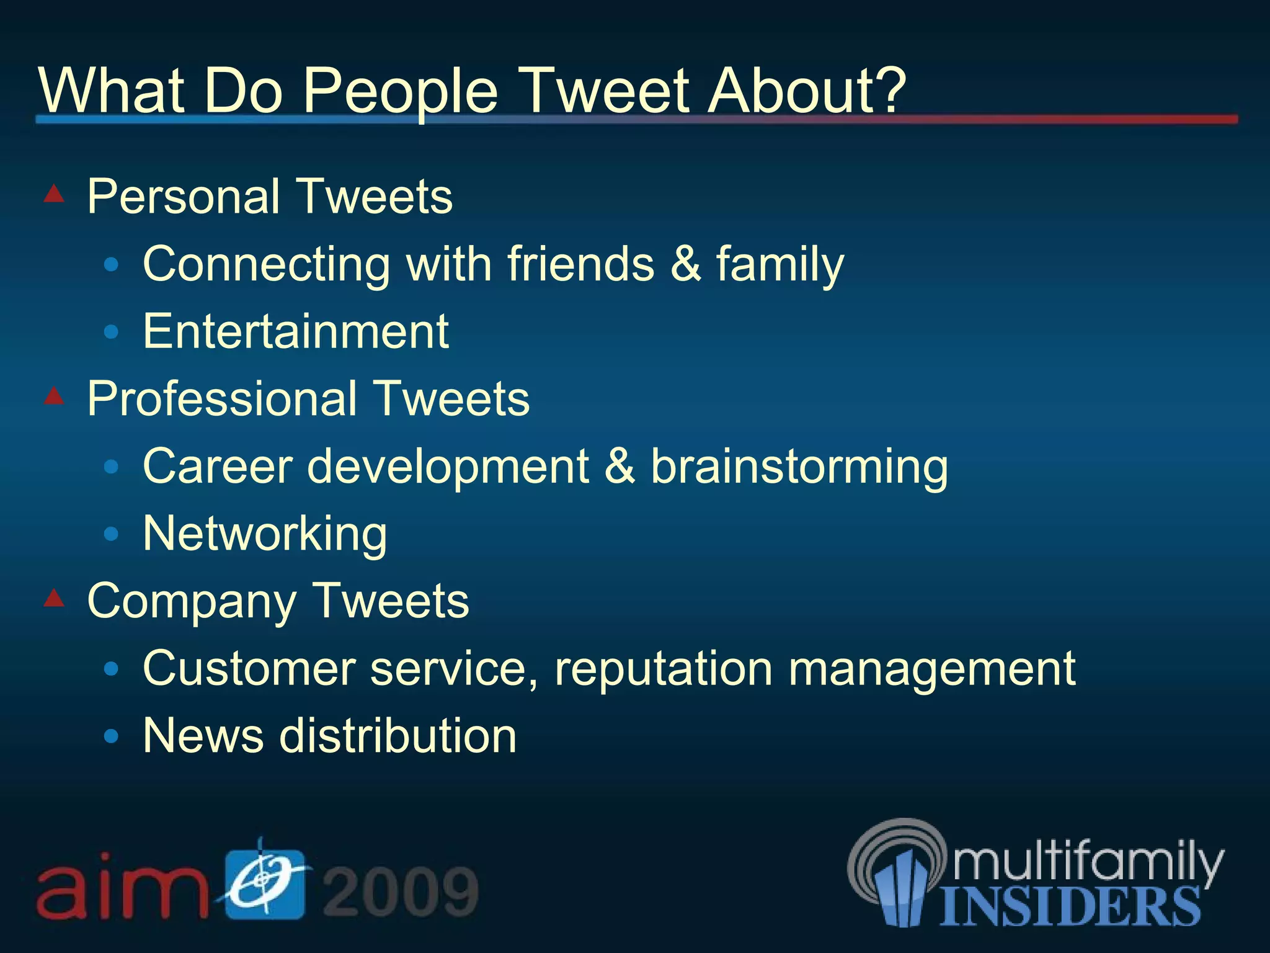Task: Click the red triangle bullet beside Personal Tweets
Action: pos(55,194)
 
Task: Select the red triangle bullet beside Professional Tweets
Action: pos(55,395)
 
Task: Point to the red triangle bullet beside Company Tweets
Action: pos(55,597)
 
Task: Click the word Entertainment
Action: pos(296,331)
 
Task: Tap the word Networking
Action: pos(265,534)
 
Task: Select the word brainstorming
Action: pos(799,467)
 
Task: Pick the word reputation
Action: pos(663,669)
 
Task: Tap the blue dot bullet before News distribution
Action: pos(112,736)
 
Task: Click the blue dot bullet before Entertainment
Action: pos(112,332)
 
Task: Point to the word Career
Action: pos(217,467)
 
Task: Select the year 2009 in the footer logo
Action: pos(401,892)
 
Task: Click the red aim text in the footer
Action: pos(121,887)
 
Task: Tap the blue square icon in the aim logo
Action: pos(265,884)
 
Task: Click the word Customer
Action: pos(249,669)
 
